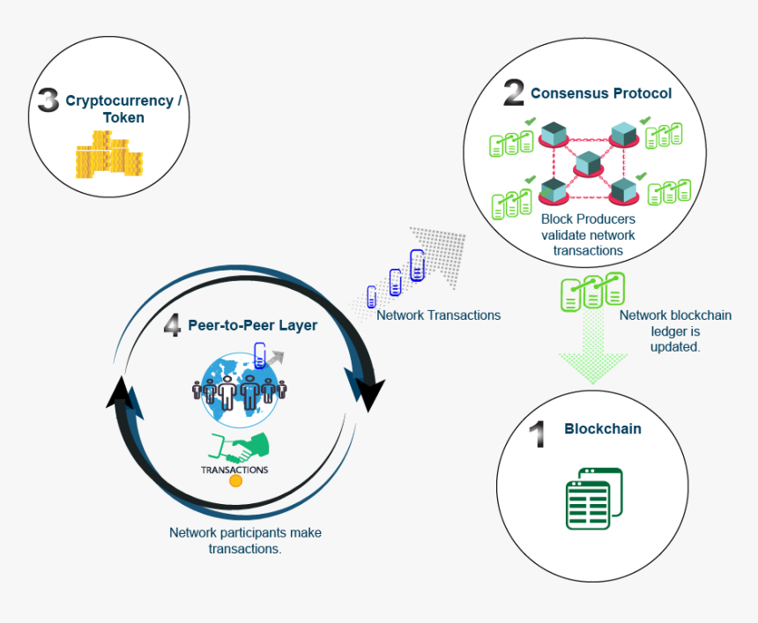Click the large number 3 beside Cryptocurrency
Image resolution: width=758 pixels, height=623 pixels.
(48, 99)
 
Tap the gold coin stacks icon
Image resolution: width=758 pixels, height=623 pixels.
(108, 155)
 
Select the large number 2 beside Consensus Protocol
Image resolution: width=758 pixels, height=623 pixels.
(514, 93)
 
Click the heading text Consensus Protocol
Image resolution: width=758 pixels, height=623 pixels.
(601, 93)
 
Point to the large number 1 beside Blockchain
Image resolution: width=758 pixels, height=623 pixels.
(538, 434)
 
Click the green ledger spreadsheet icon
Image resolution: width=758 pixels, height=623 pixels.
(593, 498)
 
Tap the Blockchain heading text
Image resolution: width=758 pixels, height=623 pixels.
(603, 429)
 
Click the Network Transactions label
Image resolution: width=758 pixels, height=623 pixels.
(438, 315)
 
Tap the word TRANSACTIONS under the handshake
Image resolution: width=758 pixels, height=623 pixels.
(234, 470)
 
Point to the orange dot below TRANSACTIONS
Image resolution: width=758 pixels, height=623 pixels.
(235, 482)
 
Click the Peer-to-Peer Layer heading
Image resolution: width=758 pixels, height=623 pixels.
(252, 325)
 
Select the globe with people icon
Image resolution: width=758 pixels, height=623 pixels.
(238, 386)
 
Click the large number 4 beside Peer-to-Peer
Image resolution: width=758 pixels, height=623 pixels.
(173, 325)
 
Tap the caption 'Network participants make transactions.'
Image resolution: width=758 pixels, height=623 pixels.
(245, 540)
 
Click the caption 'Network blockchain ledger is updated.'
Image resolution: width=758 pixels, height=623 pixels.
(675, 330)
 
